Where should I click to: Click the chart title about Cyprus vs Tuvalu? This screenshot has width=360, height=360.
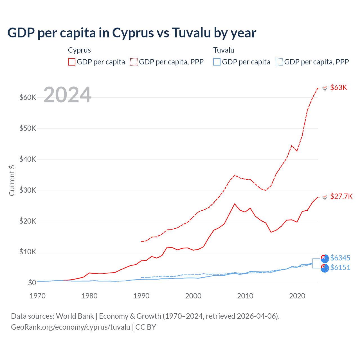132,33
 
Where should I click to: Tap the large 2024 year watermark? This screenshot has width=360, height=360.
67,95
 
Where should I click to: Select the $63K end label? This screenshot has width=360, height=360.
338,87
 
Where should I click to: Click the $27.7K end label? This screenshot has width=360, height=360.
341,196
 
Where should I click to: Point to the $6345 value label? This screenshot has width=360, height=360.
340,258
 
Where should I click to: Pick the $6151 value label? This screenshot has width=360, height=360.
340,267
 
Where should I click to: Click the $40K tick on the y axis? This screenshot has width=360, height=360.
28,159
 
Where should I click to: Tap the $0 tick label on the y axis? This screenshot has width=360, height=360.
32,283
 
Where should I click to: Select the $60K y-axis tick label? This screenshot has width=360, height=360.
28,98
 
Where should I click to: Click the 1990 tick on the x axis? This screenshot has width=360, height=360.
141,296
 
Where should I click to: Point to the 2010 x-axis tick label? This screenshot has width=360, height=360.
245,296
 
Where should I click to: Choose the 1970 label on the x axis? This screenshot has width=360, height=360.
37,296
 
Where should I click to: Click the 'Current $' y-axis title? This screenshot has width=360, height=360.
12,180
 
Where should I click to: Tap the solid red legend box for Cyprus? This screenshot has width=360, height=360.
72,62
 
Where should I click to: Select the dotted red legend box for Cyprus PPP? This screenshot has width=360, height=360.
134,62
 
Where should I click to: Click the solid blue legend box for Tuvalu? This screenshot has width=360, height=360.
217,62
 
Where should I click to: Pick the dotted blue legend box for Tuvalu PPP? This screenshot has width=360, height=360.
279,62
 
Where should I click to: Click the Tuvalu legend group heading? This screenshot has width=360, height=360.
224,50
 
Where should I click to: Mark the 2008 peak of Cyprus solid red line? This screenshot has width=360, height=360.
235,204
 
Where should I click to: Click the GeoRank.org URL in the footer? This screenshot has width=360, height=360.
71,327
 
